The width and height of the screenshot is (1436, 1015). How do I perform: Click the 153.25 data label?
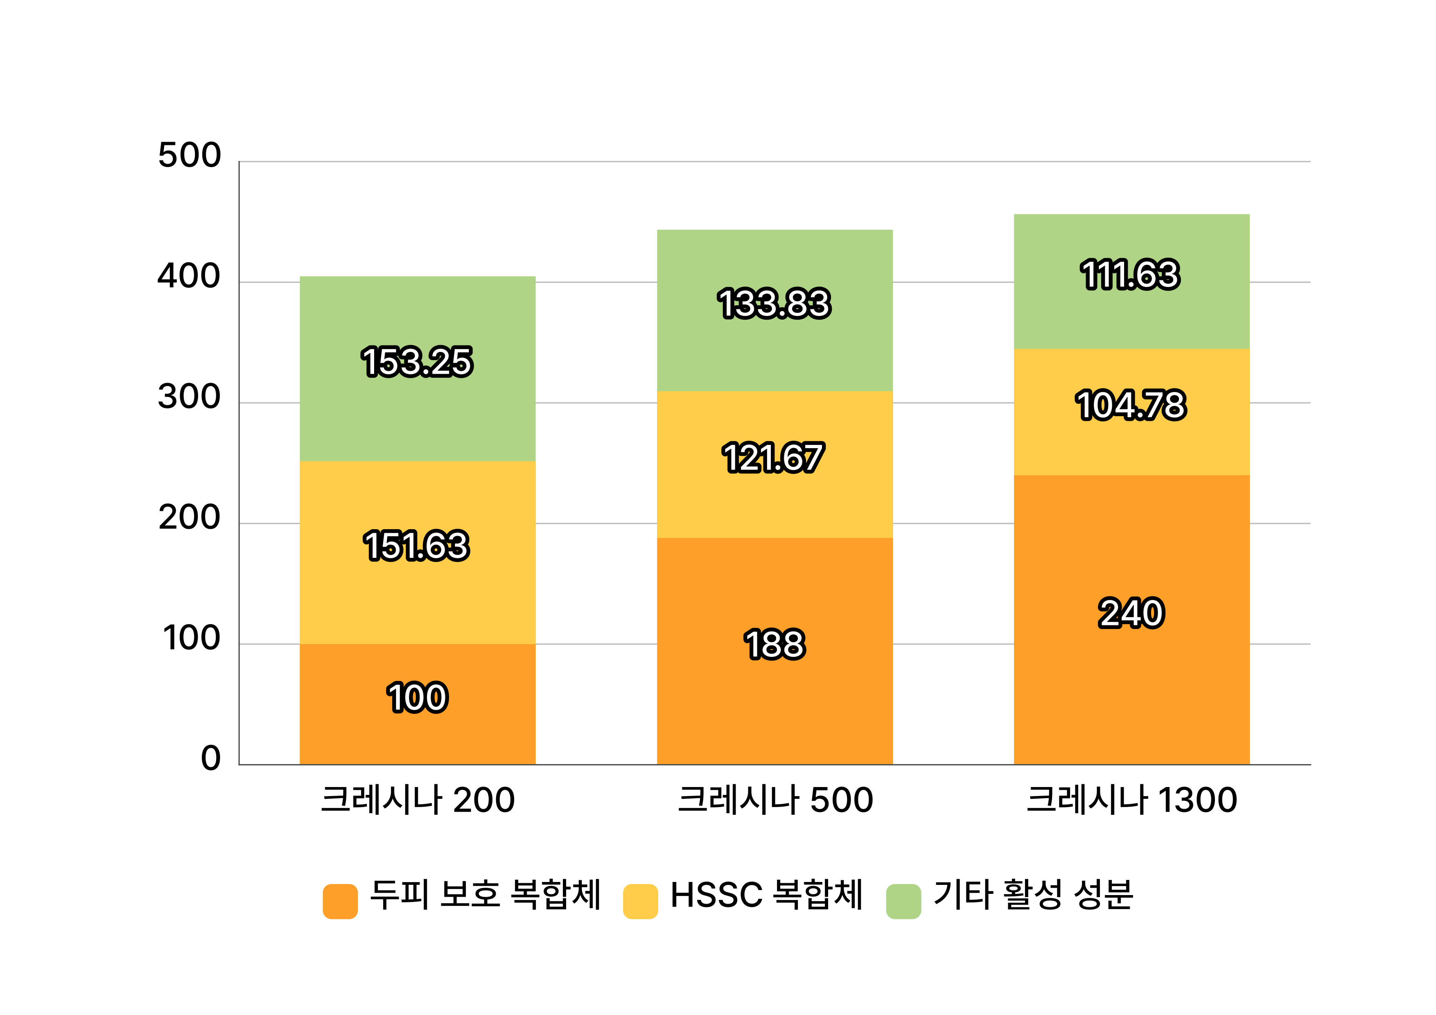tap(417, 362)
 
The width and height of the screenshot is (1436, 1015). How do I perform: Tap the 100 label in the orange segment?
tap(417, 698)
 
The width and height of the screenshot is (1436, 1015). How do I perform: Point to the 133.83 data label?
tap(774, 304)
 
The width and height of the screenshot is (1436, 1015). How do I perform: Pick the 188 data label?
tap(774, 645)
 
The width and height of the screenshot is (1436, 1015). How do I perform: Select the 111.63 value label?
tap(1131, 275)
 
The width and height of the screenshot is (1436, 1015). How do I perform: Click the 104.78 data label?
tap(1131, 405)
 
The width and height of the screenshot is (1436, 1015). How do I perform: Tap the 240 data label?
tap(1131, 613)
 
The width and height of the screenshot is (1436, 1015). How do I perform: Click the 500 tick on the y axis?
tap(190, 155)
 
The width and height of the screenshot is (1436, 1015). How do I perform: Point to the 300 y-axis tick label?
tap(190, 397)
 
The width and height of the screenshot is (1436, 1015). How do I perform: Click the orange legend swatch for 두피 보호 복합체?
tap(340, 901)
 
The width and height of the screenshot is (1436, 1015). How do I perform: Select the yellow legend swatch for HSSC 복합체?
tap(641, 901)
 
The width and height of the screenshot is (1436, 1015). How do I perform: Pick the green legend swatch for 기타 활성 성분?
tap(903, 901)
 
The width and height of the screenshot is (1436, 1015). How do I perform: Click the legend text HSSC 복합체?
tap(766, 895)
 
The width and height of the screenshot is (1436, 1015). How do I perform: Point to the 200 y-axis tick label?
tap(190, 518)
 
